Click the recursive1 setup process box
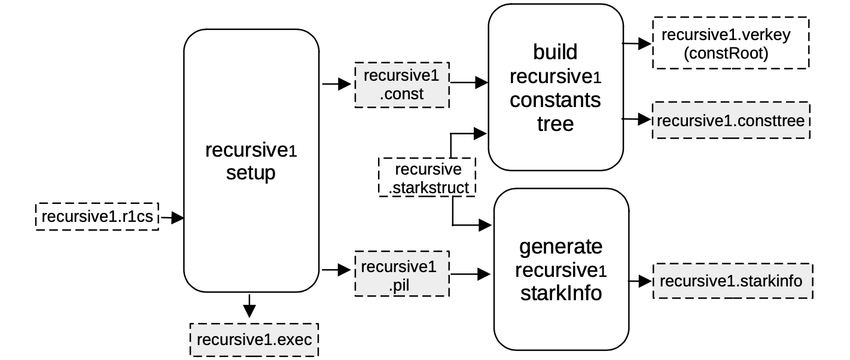(x=251, y=161)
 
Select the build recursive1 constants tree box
(x=555, y=87)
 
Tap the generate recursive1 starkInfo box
(x=560, y=270)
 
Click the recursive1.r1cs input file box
(x=97, y=216)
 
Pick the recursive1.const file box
(x=401, y=84)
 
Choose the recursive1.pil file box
(x=402, y=274)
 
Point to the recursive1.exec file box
(x=254, y=340)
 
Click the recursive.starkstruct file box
(x=428, y=178)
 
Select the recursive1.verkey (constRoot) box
(x=730, y=44)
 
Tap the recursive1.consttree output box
(x=731, y=120)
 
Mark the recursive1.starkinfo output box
(x=733, y=280)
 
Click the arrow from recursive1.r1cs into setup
(x=171, y=218)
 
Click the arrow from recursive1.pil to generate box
(x=471, y=274)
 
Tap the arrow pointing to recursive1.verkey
(x=636, y=44)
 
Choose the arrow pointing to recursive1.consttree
(x=636, y=120)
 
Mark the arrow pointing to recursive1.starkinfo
(x=639, y=280)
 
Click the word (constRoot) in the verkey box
(x=725, y=54)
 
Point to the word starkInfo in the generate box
(x=560, y=294)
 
